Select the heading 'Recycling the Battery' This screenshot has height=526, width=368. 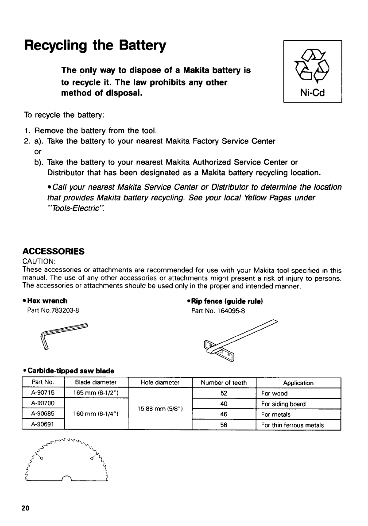[95, 46]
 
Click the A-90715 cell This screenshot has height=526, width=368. [43, 393]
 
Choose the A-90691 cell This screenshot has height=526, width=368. [43, 425]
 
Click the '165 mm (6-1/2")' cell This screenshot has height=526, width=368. [96, 393]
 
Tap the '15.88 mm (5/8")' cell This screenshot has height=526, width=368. [160, 409]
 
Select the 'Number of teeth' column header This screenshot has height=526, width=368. [224, 383]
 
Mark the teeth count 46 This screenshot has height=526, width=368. [224, 415]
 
